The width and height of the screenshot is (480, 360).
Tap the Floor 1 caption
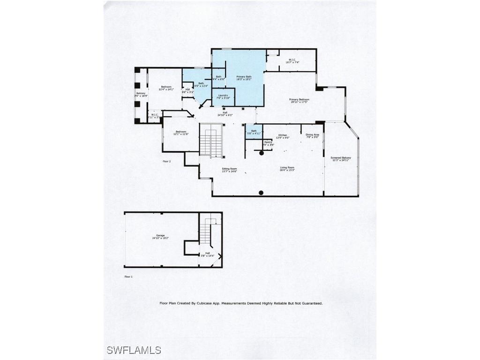[128, 277]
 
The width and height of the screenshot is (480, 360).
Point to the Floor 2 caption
[166, 161]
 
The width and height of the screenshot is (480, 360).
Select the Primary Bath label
[244, 76]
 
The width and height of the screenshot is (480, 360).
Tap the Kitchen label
[282, 135]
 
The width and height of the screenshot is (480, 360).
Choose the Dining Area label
[312, 135]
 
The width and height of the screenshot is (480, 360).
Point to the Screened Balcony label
[341, 158]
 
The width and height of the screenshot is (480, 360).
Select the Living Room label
[287, 168]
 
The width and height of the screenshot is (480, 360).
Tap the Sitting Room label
[229, 168]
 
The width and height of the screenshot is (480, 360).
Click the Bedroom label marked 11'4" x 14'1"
[166, 87]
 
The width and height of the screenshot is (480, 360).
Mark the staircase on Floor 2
[210, 139]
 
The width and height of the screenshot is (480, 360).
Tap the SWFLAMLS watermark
[134, 350]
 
